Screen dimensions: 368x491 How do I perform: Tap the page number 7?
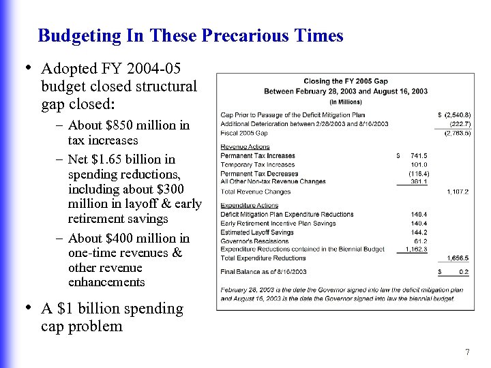click(x=467, y=352)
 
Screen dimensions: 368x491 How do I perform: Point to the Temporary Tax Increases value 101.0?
click(x=417, y=165)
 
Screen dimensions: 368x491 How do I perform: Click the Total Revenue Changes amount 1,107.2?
click(x=457, y=192)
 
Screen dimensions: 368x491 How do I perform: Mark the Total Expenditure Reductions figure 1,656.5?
click(x=457, y=258)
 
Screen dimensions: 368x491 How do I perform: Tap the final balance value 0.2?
click(x=463, y=272)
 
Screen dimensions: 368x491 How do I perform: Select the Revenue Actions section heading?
click(x=245, y=147)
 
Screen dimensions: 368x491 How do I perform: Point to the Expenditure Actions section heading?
click(x=250, y=205)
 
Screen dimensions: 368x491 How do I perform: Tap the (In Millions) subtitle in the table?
click(x=346, y=102)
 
